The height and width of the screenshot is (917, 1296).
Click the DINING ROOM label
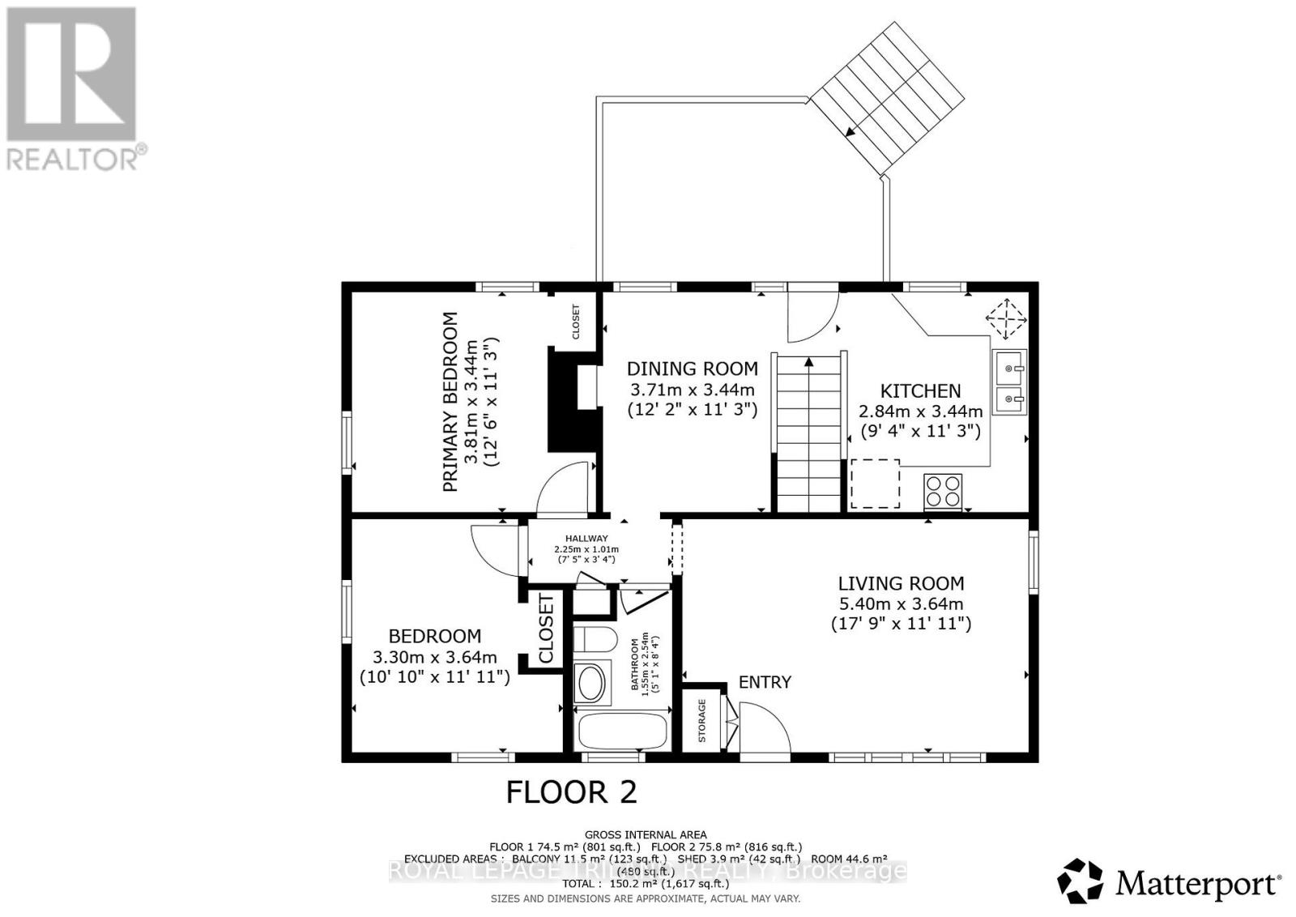tap(693, 369)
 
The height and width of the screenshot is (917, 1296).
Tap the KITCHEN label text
tap(920, 391)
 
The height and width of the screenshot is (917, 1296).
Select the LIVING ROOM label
tap(901, 583)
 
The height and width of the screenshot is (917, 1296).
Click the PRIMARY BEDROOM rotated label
tap(450, 402)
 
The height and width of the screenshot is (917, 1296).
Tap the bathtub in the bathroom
tap(621, 731)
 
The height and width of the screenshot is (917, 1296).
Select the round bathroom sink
tap(591, 683)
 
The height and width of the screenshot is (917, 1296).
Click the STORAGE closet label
tap(702, 720)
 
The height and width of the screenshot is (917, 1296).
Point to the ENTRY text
tap(765, 682)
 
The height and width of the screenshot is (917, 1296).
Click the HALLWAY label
tap(586, 538)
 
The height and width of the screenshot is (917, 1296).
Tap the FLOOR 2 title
tap(571, 791)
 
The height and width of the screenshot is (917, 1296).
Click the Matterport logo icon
tap(1080, 881)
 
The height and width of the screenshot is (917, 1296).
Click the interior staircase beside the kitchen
tap(808, 433)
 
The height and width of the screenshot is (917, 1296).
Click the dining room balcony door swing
tap(812, 317)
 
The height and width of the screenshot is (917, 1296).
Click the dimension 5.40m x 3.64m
tap(901, 604)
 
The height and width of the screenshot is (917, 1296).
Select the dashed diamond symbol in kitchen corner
tap(1005, 318)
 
